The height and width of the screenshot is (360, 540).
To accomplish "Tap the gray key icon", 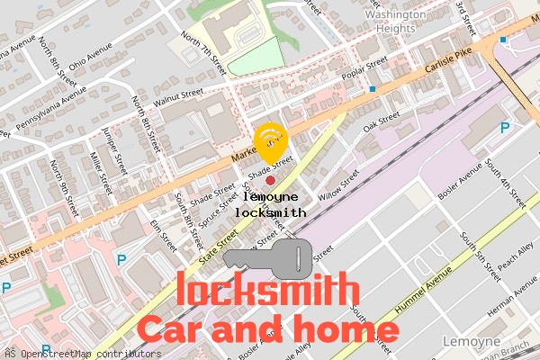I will pos(271,257).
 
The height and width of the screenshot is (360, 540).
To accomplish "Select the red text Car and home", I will pos(267,328).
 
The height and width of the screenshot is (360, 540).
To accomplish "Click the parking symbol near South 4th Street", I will pos(504,129).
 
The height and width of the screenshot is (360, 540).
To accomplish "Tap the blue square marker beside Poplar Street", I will pos(372,89).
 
